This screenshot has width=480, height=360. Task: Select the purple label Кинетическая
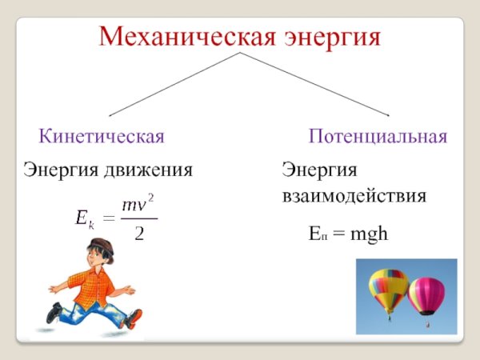click(x=102, y=136)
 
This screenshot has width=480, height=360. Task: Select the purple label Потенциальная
click(x=378, y=136)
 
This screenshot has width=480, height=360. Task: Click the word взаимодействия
click(x=354, y=196)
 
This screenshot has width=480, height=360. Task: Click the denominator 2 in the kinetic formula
click(x=139, y=234)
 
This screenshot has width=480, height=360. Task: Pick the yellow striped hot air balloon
click(x=388, y=288)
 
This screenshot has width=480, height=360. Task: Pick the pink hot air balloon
click(x=426, y=294)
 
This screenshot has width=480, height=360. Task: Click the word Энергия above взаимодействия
click(x=318, y=170)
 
